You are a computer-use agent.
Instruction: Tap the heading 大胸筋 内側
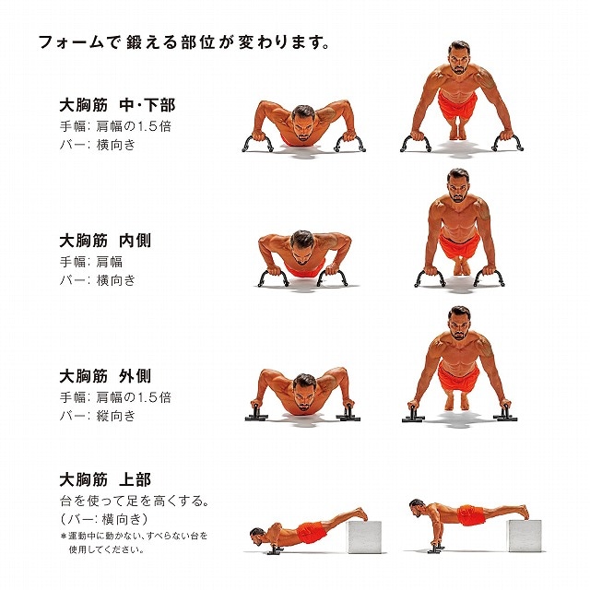pyautogui.click(x=105, y=241)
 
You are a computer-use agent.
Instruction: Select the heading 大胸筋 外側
pyautogui.click(x=105, y=376)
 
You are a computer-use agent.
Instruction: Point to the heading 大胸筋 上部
pyautogui.click(x=105, y=479)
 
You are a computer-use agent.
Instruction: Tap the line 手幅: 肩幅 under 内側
pyautogui.click(x=90, y=262)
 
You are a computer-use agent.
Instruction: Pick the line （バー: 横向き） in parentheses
pyautogui.click(x=104, y=519)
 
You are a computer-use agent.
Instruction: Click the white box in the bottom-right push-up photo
pyautogui.click(x=525, y=536)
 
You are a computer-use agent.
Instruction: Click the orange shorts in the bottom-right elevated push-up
pyautogui.click(x=469, y=515)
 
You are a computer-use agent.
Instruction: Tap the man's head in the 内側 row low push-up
pyautogui.click(x=301, y=248)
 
